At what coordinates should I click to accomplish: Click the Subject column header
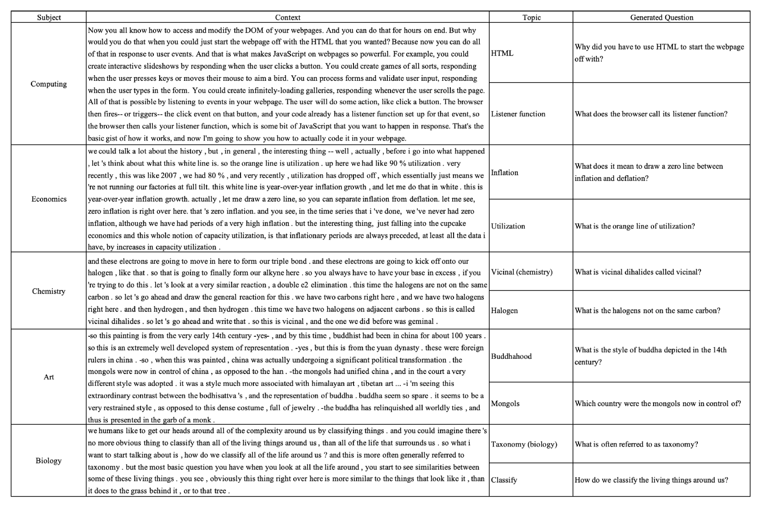[x=49, y=17]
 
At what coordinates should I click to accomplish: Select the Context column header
[x=287, y=17]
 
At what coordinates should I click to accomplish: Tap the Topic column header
[x=531, y=17]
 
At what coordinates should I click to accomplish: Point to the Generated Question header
[x=661, y=17]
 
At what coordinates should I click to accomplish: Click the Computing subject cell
[x=49, y=84]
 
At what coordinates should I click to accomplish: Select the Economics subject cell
[x=49, y=199]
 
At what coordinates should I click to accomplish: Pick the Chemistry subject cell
[x=49, y=291]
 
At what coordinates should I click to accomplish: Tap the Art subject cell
[x=49, y=377]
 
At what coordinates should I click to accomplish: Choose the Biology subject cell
[x=49, y=460]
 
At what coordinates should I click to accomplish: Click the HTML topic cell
[x=502, y=53]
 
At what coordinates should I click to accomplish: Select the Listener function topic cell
[x=518, y=114]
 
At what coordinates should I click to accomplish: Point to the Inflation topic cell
[x=504, y=173]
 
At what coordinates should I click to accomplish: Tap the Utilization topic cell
[x=508, y=226]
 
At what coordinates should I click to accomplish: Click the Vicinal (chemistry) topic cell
[x=521, y=272]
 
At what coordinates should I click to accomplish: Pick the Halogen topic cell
[x=504, y=310]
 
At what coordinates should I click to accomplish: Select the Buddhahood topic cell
[x=511, y=356]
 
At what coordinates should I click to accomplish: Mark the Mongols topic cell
[x=505, y=403]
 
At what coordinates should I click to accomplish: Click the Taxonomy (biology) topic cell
[x=524, y=444]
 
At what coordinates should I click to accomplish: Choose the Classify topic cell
[x=504, y=480]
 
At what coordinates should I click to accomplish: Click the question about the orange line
[x=635, y=226]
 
